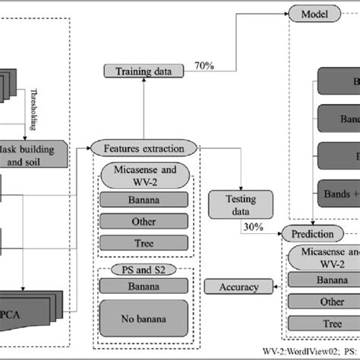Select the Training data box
click(x=144, y=71)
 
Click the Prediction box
click(x=311, y=233)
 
